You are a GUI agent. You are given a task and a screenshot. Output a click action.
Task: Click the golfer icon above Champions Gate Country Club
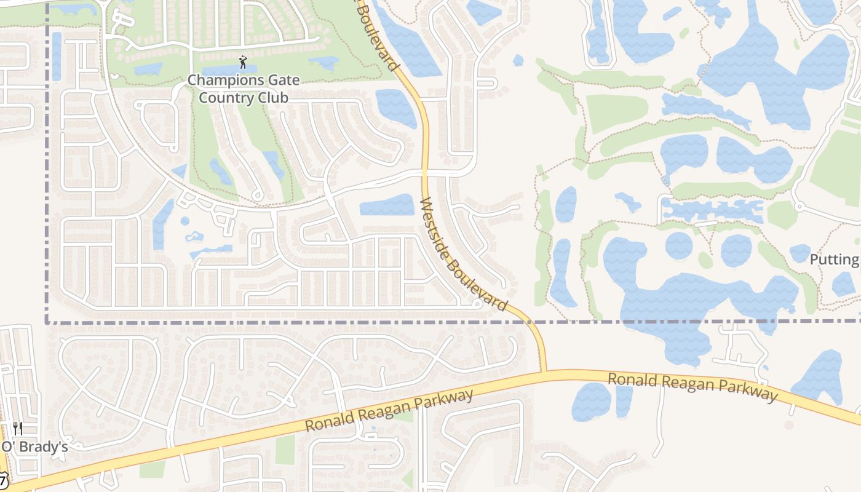(242, 62)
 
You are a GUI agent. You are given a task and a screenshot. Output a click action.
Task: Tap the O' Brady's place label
(34, 447)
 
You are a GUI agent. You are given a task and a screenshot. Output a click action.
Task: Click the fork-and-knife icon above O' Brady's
(18, 429)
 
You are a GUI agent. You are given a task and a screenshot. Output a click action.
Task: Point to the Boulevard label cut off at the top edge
(379, 34)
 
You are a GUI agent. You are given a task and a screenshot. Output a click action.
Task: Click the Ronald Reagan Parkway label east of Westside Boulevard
(692, 386)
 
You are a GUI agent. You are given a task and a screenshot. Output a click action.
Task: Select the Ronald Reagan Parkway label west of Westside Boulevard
(389, 410)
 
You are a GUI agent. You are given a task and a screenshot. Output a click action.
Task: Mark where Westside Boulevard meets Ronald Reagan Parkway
(543, 371)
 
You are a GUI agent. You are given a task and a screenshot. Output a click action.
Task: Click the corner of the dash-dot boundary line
(47, 322)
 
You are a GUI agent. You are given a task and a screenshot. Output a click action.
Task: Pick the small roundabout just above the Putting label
(799, 207)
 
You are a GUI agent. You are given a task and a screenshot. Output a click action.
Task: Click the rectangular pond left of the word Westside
(387, 205)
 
